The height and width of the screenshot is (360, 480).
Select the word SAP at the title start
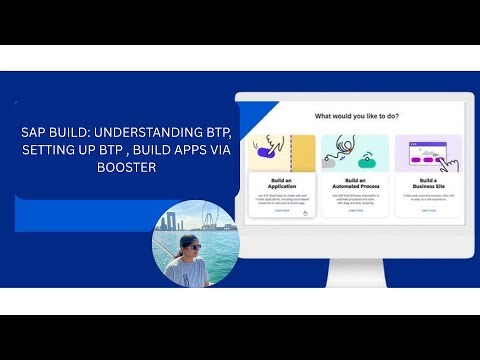pos(33,131)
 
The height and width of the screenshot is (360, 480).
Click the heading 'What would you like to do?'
pos(357,117)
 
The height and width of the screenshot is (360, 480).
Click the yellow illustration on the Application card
pos(282,151)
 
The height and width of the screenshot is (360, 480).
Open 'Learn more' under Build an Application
pos(282,210)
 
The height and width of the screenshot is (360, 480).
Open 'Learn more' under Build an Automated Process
pos(356,210)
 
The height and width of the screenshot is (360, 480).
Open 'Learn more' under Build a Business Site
pos(428,210)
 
